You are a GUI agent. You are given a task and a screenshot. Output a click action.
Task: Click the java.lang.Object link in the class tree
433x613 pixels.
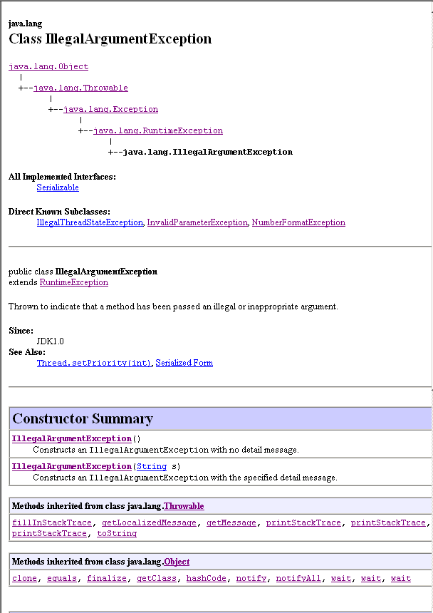tap(48, 66)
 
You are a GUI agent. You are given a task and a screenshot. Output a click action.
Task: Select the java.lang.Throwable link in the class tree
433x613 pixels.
tap(80, 88)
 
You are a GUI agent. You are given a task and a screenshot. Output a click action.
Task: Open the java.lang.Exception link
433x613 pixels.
tap(110, 109)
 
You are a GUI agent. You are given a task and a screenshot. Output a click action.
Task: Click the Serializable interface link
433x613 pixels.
tap(58, 187)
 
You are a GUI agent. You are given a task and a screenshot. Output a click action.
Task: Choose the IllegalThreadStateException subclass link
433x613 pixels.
tap(90, 222)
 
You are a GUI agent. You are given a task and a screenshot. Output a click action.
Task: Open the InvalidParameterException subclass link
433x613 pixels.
tap(197, 222)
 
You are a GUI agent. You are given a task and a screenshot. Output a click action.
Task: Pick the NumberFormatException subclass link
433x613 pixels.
tap(298, 222)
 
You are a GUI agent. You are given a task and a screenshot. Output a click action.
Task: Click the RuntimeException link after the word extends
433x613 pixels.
tap(74, 282)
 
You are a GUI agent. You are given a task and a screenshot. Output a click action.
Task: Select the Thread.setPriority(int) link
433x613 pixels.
tap(94, 363)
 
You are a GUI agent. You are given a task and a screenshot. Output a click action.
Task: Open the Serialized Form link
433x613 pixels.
tap(184, 363)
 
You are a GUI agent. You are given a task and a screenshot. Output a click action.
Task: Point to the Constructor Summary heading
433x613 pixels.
tap(83, 418)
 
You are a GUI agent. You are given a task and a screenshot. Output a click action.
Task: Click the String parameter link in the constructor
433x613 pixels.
tap(152, 466)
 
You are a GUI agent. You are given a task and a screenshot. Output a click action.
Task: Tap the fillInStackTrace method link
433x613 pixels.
tap(52, 522)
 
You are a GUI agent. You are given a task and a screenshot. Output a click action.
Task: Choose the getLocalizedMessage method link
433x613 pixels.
tap(149, 522)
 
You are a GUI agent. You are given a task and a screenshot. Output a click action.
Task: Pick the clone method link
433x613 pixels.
tap(24, 578)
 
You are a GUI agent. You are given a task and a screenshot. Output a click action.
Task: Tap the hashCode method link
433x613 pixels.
tap(206, 578)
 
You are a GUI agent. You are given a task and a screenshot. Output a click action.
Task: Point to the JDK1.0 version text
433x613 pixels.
tap(50, 341)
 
